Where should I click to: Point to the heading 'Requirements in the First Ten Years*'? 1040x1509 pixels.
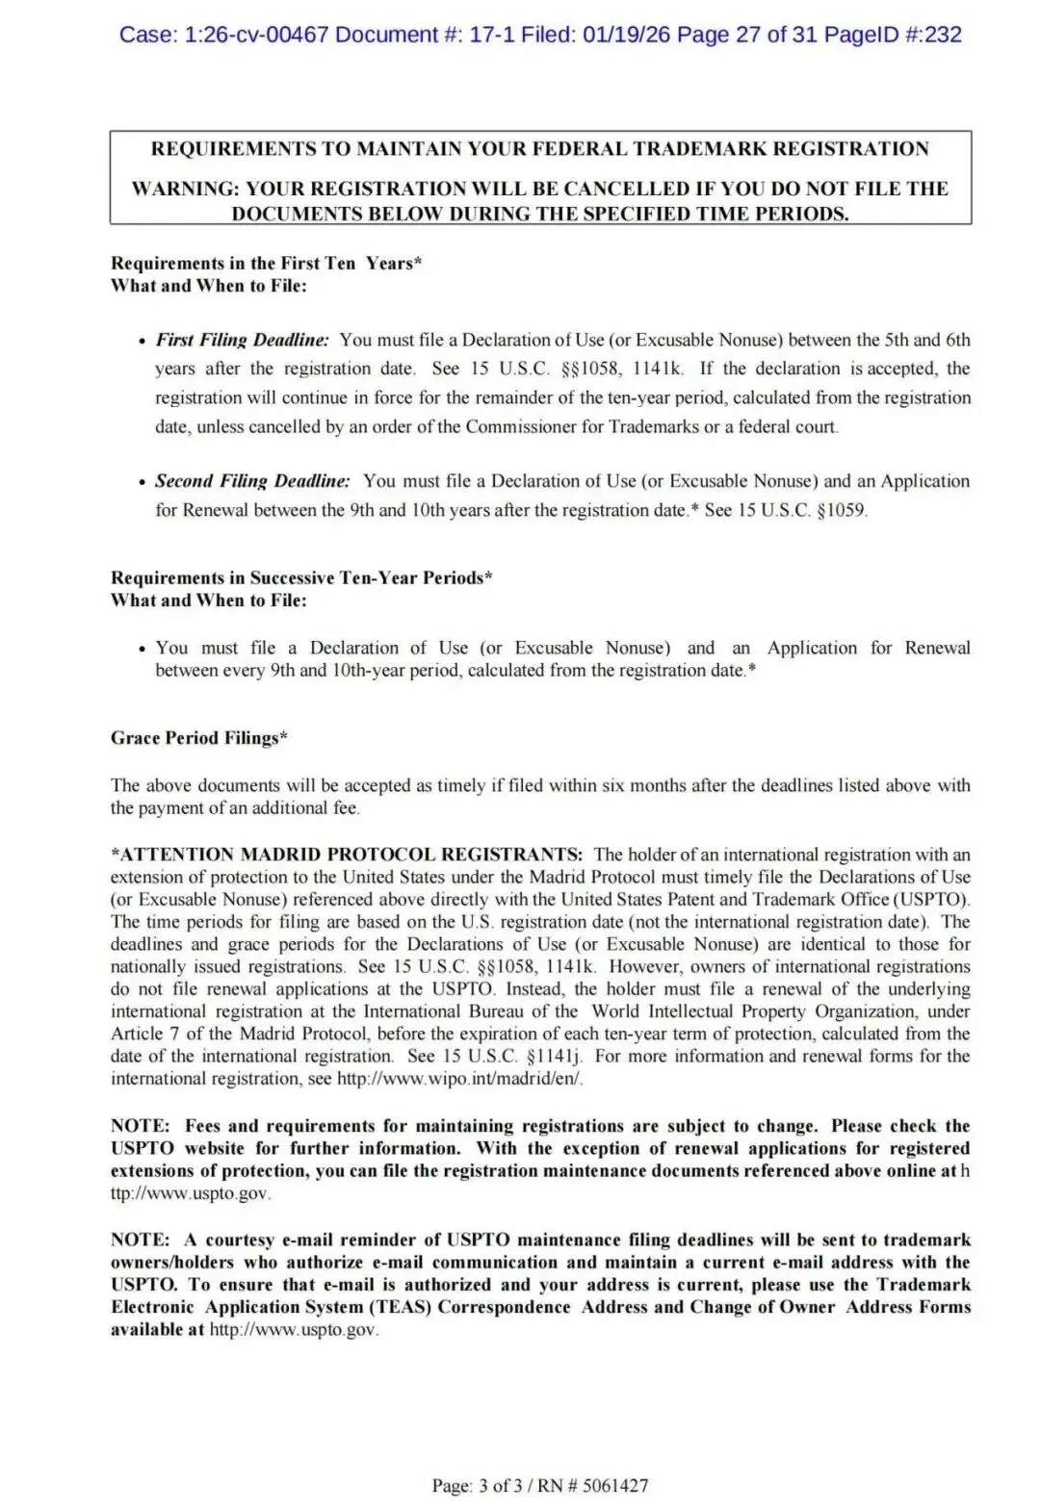click(267, 264)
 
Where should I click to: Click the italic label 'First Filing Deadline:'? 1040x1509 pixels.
click(243, 340)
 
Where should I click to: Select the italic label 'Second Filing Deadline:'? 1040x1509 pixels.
click(252, 481)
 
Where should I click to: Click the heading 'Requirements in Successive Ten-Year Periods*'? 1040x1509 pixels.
click(301, 578)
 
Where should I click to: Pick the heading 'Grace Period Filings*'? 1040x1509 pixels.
click(199, 738)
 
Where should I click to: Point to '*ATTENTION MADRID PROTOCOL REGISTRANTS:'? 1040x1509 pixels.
click(347, 855)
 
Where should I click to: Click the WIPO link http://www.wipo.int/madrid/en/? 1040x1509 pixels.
click(459, 1079)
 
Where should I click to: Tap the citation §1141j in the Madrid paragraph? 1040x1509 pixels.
click(556, 1057)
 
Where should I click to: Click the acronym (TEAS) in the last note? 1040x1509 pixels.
click(398, 1308)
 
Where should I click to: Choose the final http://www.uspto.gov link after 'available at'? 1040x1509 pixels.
click(294, 1330)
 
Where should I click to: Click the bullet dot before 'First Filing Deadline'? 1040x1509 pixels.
click(143, 342)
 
